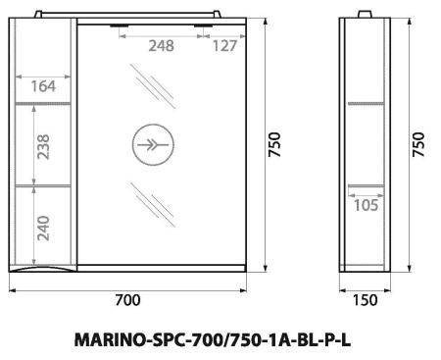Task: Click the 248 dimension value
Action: (163, 44)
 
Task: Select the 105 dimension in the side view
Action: (365, 205)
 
